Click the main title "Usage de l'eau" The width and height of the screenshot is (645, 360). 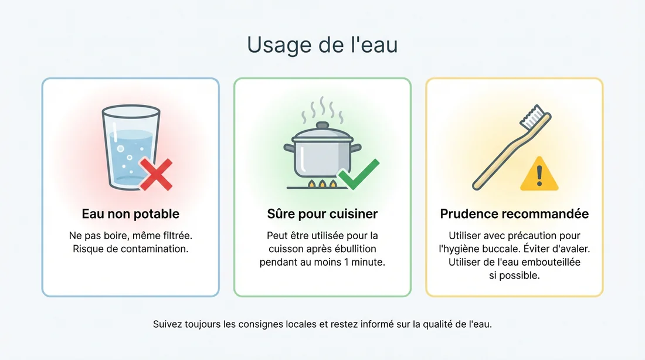[x=322, y=45]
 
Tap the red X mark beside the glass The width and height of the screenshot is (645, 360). [x=155, y=174]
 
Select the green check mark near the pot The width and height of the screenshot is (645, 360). [x=358, y=174]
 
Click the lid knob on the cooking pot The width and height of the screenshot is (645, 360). [x=322, y=125]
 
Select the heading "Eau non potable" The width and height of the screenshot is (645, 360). [x=130, y=214]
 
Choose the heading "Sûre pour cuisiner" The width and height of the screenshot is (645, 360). [x=322, y=214]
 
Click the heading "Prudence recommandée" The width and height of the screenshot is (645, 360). [x=514, y=214]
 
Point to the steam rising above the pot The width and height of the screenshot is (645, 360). [x=322, y=108]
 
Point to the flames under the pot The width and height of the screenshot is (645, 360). [x=322, y=185]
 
